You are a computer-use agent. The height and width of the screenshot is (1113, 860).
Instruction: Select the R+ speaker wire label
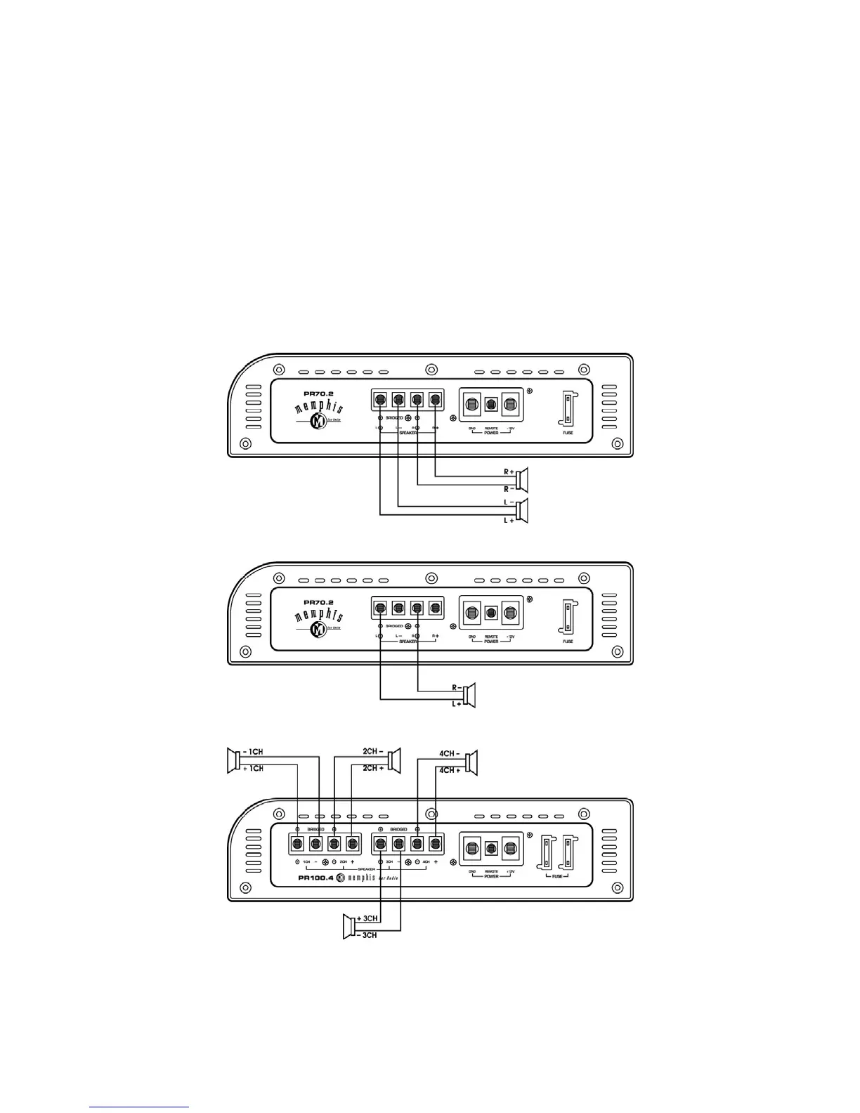tap(508, 472)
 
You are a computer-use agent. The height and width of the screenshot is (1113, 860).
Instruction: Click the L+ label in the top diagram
tap(509, 520)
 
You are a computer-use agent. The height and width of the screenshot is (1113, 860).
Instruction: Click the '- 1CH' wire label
tap(251, 752)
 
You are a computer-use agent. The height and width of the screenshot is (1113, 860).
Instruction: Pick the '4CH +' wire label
tap(450, 771)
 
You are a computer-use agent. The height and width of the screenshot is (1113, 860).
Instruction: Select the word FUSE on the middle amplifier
tap(568, 642)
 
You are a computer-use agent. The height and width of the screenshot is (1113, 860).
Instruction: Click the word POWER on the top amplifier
tap(491, 433)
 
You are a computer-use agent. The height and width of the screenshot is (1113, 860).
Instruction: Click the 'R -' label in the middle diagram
tap(457, 687)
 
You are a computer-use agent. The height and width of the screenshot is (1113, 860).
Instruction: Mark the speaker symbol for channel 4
tap(471, 763)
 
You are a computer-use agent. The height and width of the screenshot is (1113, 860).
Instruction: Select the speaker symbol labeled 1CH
tap(233, 761)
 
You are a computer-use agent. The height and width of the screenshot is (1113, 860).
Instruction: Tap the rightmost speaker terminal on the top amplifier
tap(435, 401)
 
